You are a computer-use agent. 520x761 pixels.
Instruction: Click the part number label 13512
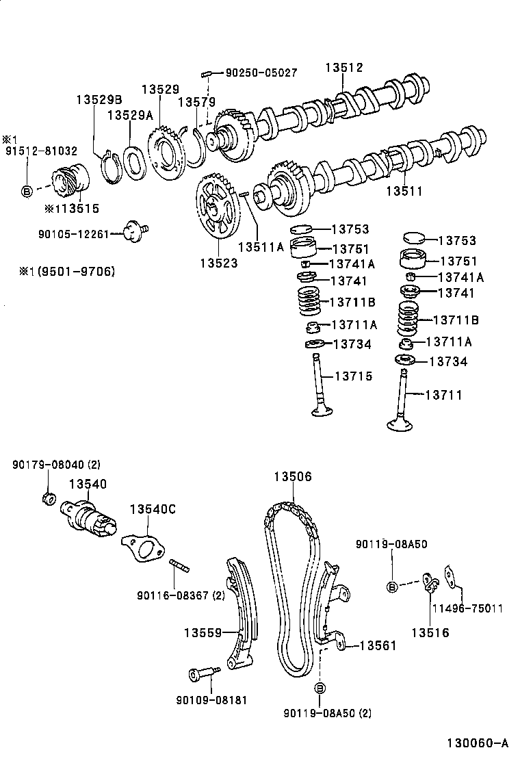coord(344,68)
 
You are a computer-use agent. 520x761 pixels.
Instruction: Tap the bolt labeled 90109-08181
coord(200,675)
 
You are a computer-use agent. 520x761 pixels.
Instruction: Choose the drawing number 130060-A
coord(478,743)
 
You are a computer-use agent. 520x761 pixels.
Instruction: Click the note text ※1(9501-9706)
coord(66,272)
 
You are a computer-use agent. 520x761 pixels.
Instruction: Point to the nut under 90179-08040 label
coord(48,499)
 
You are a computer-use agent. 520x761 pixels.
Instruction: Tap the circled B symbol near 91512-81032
coord(27,191)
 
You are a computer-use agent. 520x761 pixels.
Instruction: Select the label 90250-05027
coord(261,72)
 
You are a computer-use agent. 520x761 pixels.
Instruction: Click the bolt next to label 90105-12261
coord(135,232)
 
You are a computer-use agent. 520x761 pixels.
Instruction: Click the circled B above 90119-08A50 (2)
coord(319,688)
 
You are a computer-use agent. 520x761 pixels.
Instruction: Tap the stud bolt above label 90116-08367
coord(179,567)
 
